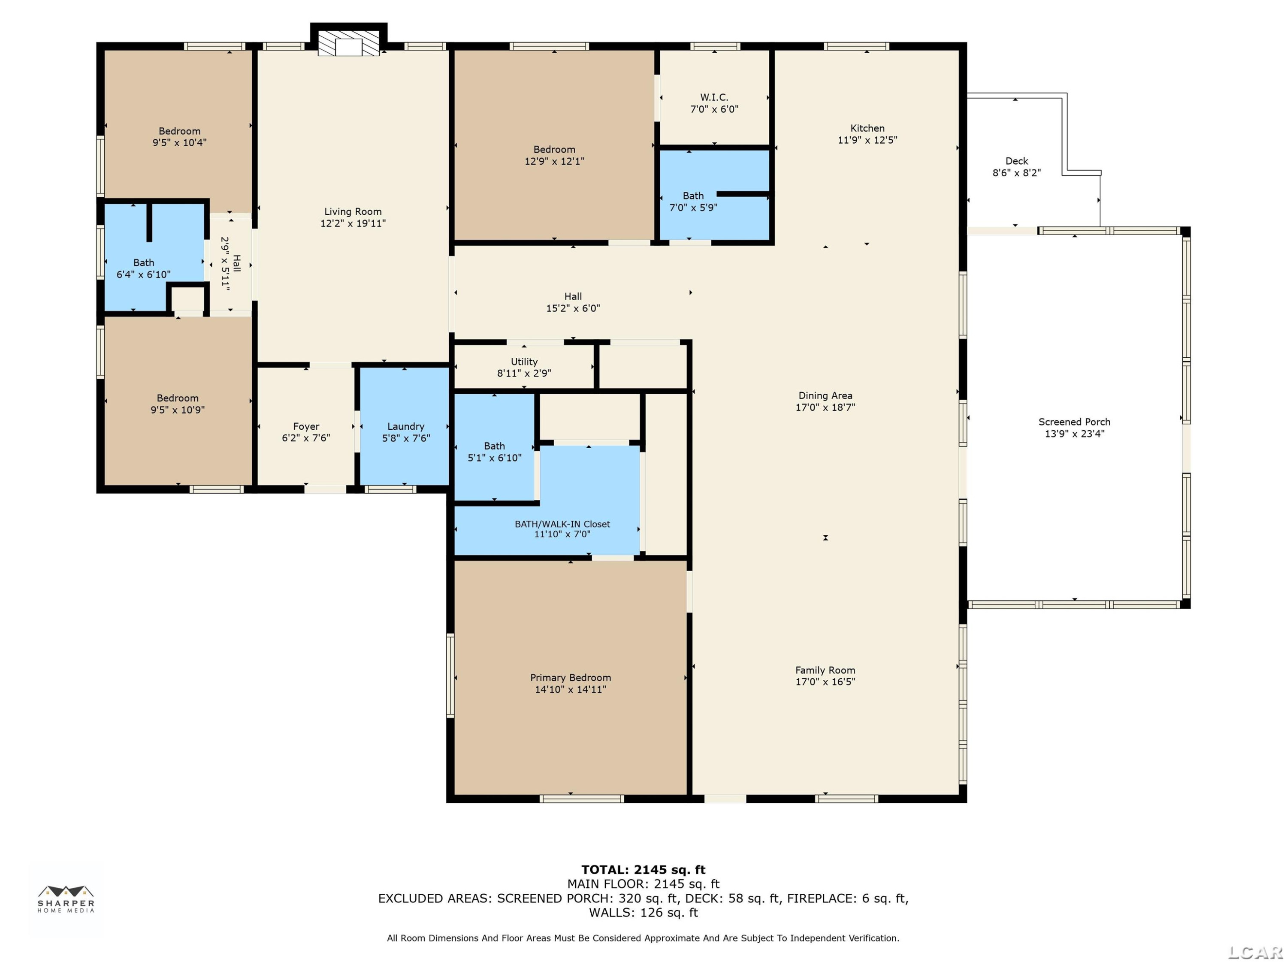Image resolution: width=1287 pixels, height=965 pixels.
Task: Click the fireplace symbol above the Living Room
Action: click(x=348, y=40)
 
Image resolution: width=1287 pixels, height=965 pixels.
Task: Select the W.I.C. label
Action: click(x=714, y=97)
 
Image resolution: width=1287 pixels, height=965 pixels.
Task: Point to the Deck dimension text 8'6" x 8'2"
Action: click(x=1016, y=173)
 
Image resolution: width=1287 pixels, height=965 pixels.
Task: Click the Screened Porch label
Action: click(x=1074, y=422)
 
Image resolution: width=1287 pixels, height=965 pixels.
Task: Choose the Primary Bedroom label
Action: click(x=570, y=678)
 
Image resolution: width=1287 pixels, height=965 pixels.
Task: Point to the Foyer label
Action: click(x=306, y=426)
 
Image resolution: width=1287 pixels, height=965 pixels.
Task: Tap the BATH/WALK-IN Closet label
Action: click(x=562, y=524)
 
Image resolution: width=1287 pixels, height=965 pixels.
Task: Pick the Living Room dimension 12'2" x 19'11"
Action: click(x=353, y=223)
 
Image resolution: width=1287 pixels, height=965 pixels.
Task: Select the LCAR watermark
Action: click(x=1255, y=952)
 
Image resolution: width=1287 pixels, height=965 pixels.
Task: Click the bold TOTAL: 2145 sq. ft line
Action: click(x=643, y=870)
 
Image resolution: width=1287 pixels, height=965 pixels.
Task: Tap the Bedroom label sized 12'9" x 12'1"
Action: click(x=554, y=155)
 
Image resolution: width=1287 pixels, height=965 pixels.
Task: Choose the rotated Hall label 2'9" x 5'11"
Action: click(x=230, y=263)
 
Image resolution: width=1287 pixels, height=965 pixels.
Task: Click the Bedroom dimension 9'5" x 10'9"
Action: click(x=178, y=410)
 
